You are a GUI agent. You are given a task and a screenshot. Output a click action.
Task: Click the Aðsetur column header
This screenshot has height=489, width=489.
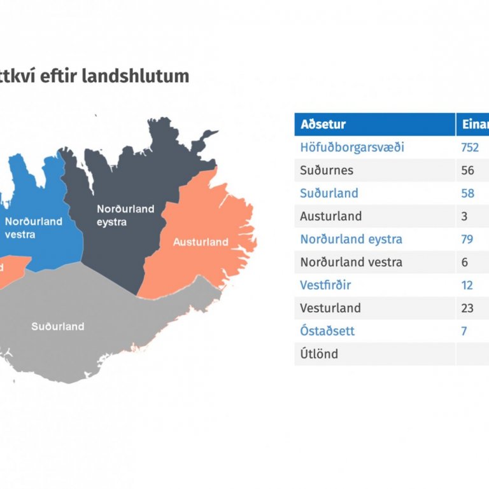(323, 125)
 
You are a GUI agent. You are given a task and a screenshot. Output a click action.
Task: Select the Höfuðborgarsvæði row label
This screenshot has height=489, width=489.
(352, 148)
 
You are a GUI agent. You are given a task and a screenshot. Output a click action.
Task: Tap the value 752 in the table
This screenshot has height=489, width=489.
(470, 148)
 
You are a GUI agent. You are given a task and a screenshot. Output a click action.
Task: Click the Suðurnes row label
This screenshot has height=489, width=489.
(327, 170)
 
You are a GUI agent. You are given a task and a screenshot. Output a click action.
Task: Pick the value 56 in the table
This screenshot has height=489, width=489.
(468, 170)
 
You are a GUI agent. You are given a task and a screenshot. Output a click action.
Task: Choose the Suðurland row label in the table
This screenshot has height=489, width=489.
(329, 193)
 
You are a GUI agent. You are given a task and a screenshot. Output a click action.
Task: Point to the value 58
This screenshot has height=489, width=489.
(468, 193)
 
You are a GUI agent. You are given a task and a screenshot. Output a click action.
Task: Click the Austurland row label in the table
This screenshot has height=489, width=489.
(330, 216)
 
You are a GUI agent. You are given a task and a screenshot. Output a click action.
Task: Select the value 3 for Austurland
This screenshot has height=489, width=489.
(464, 216)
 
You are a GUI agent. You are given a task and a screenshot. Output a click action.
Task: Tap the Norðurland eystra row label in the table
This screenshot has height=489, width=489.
(351, 239)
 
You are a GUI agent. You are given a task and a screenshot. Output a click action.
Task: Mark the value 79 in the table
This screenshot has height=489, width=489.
(468, 239)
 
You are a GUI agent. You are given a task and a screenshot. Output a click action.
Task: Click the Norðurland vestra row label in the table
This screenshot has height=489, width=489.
(351, 262)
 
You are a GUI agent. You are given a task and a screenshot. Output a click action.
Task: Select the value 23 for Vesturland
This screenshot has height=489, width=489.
(468, 308)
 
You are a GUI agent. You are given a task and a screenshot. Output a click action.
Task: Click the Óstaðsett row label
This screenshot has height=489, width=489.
(327, 331)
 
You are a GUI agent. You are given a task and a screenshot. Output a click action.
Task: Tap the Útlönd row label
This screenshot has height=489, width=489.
(319, 354)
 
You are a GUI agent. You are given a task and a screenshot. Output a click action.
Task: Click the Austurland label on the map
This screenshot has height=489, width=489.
(201, 242)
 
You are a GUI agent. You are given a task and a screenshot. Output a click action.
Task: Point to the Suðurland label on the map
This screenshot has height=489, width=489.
(58, 326)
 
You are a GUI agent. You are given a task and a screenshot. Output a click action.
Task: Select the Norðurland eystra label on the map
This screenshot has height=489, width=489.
(125, 216)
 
